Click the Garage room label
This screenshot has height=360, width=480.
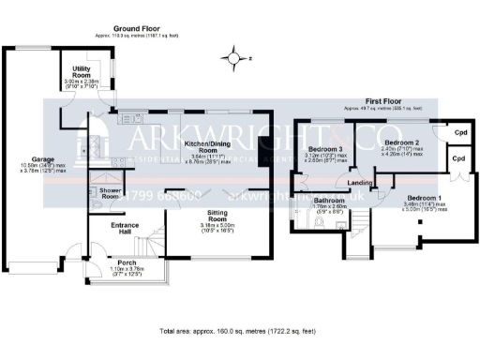pos(41,159)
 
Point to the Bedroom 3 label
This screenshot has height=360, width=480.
pos(327,148)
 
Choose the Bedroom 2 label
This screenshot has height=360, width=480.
pos(394,144)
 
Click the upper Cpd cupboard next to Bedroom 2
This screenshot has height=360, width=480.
pos(460,132)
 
